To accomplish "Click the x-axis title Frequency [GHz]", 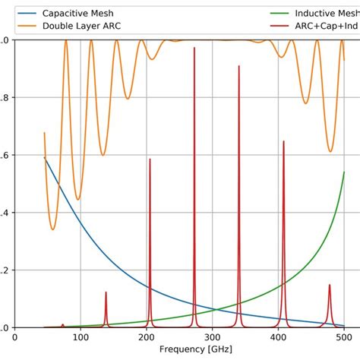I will click(x=193, y=350).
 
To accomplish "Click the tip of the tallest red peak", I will click(x=194, y=48).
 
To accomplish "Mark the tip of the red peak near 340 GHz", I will click(x=238, y=66).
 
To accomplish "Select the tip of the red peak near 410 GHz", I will click(x=284, y=141).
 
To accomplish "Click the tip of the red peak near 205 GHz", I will click(x=150, y=159).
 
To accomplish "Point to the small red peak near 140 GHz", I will click(x=106, y=292).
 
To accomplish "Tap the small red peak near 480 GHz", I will click(x=330, y=286).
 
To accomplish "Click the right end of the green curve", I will click(x=344, y=172).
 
